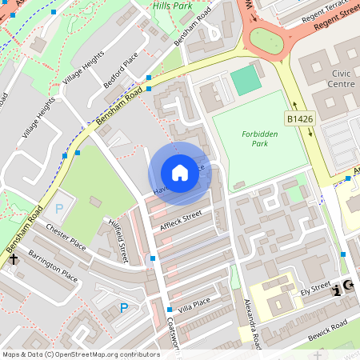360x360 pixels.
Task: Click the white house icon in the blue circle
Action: [180, 173]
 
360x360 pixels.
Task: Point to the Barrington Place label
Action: [53, 266]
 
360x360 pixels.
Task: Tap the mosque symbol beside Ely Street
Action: [348, 286]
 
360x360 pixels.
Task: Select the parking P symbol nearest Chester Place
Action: [58, 210]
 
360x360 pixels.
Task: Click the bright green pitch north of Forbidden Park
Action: [246, 81]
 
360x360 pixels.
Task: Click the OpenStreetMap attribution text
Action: [81, 354]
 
